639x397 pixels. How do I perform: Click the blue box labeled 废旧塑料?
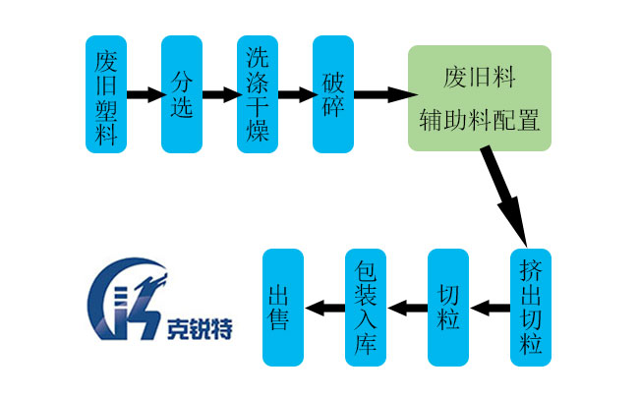[x=106, y=94]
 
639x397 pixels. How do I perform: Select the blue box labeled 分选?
[x=182, y=94]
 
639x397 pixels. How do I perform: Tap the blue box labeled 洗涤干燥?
[x=259, y=94]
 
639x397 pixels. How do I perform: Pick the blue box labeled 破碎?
[x=333, y=94]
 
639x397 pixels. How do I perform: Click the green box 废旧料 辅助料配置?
[x=480, y=97]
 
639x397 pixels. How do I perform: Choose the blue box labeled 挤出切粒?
[x=531, y=308]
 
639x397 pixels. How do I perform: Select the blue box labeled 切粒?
[x=448, y=308]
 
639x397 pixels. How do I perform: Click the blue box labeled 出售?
[x=283, y=308]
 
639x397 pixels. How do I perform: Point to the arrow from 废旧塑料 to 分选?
[x=145, y=95]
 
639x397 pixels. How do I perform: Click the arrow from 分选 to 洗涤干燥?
[x=220, y=95]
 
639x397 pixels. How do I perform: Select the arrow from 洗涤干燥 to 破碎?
[x=296, y=95]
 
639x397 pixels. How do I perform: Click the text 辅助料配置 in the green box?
[x=480, y=119]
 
